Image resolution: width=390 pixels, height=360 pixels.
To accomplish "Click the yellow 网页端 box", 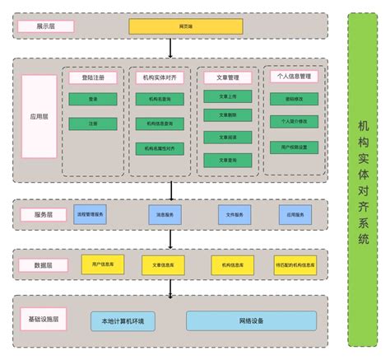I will [186, 26].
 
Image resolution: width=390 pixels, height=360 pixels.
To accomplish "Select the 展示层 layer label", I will [45, 26].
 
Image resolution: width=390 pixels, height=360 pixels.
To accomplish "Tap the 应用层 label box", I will [39, 117].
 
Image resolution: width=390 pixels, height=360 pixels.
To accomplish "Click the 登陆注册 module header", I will [93, 77].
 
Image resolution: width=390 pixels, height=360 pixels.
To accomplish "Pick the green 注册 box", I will [93, 124].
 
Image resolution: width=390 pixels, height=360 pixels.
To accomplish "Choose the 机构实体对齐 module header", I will [160, 77].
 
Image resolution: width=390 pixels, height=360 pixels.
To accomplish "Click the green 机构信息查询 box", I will [160, 124].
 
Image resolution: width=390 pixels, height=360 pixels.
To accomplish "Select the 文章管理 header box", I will [228, 77].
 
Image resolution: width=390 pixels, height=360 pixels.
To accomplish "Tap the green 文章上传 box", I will [228, 96].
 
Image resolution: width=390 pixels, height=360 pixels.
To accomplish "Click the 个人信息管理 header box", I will [294, 76].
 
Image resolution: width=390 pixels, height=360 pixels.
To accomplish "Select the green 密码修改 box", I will [294, 99].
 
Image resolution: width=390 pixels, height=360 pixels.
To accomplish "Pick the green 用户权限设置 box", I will [294, 147].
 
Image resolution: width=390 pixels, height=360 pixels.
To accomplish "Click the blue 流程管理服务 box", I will [91, 214].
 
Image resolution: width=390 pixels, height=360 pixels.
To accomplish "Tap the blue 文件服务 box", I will [234, 214].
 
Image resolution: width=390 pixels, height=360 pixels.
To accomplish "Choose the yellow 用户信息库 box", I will [103, 264].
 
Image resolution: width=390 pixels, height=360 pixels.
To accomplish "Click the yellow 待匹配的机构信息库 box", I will [295, 265].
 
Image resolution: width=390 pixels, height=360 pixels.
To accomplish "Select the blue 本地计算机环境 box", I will [123, 320].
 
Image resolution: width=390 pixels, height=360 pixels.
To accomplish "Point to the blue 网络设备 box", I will [251, 320].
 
